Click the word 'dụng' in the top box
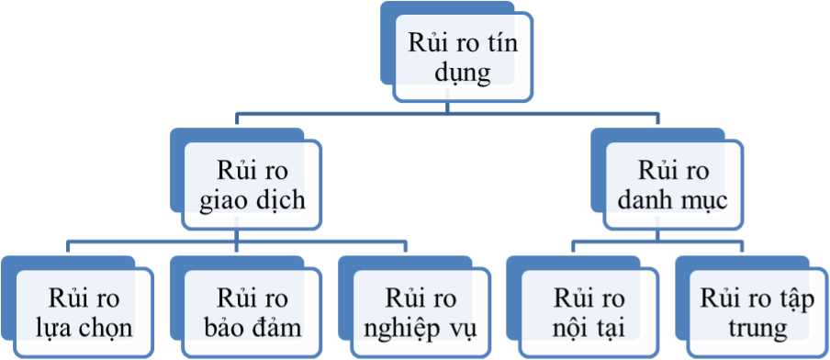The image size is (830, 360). pos(462,74)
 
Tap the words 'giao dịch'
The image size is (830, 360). pos(252,202)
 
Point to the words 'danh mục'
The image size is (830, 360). pos(673,202)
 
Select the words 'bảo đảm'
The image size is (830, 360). pos(252,328)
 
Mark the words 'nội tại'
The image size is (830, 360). pos(589,329)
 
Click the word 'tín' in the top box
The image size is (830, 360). pos(501,43)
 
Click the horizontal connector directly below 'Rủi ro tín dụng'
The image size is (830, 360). pos(447,113)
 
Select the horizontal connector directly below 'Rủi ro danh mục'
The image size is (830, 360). pos(657,242)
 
